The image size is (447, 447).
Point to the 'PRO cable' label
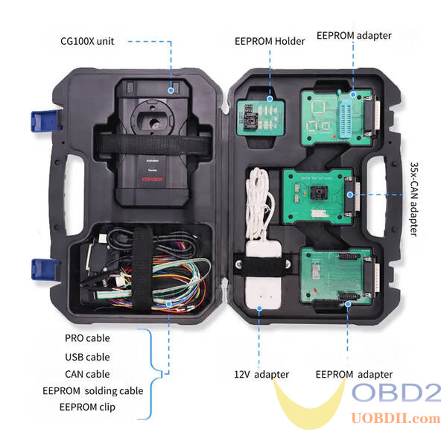point(87,338)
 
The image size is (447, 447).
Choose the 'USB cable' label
point(87,357)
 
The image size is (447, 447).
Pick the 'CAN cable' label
point(87,374)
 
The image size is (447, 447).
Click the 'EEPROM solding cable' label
point(92,390)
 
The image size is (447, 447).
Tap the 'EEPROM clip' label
point(87,407)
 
